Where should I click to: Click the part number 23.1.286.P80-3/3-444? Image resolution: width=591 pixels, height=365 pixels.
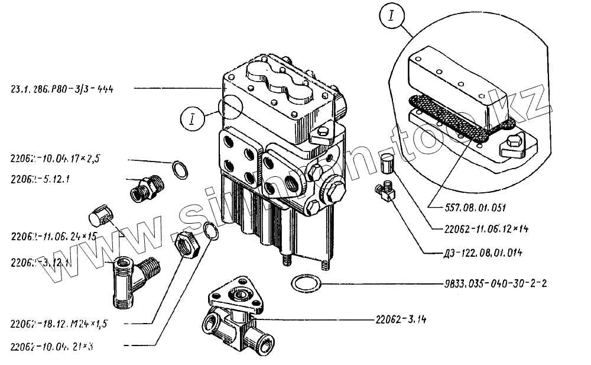62,89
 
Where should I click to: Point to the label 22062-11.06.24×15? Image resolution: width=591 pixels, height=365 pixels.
54,236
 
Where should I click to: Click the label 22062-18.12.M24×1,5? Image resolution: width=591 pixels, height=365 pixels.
59,324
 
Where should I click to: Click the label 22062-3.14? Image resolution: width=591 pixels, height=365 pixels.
401,319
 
